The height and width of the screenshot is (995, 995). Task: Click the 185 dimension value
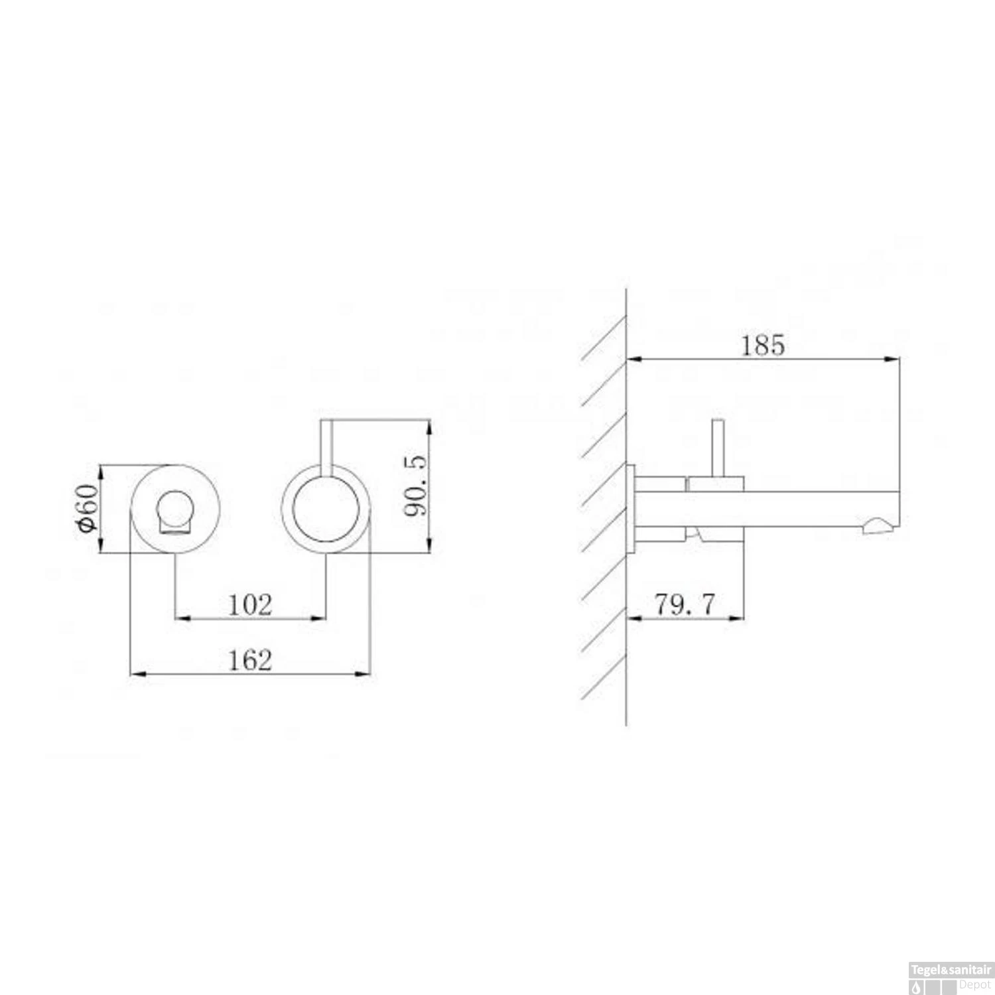click(762, 346)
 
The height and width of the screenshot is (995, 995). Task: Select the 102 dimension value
click(249, 605)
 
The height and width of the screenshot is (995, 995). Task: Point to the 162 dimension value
click(249, 660)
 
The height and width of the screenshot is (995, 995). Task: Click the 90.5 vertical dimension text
click(417, 485)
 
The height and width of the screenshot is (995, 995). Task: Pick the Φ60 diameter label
click(88, 507)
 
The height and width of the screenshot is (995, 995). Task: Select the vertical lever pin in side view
click(716, 448)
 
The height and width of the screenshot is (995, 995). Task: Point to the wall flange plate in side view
click(631, 508)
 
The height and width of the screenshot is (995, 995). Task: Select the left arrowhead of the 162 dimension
click(136, 674)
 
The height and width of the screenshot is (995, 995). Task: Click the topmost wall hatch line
click(603, 337)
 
